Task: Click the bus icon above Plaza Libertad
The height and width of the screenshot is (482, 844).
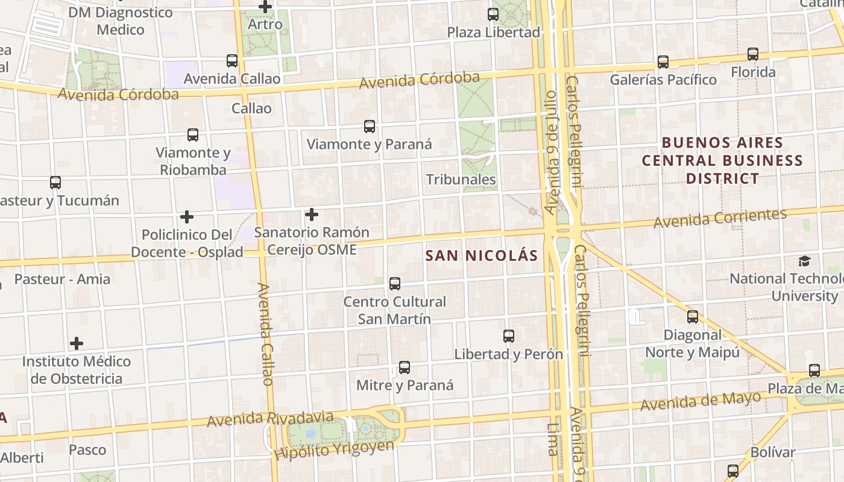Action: pyautogui.click(x=493, y=14)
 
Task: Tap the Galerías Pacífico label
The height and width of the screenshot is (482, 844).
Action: pyautogui.click(x=663, y=80)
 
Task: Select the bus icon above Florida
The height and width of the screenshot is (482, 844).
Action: pyautogui.click(x=753, y=54)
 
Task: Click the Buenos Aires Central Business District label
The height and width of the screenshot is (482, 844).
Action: pyautogui.click(x=722, y=160)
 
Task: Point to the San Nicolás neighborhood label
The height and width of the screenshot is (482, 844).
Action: pyautogui.click(x=481, y=255)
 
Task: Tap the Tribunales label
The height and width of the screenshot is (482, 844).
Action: pyautogui.click(x=461, y=180)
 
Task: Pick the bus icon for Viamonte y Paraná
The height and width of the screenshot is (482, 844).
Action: pyautogui.click(x=370, y=127)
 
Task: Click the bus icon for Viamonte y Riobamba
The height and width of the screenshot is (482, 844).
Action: pyautogui.click(x=193, y=135)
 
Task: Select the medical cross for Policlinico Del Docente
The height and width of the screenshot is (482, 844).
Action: pyautogui.click(x=187, y=216)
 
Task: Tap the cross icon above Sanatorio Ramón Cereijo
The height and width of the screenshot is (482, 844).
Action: pyautogui.click(x=312, y=214)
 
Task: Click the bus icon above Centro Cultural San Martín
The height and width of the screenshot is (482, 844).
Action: pyautogui.click(x=395, y=283)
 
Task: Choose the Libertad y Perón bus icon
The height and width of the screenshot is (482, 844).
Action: pyautogui.click(x=509, y=336)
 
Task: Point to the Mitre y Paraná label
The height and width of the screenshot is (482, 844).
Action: pyautogui.click(x=405, y=386)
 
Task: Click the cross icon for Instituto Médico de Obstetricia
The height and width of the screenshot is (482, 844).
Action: pyautogui.click(x=77, y=343)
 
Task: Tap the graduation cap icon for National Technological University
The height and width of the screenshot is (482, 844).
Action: pyautogui.click(x=804, y=261)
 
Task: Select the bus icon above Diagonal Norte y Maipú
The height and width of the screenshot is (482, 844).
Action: pyautogui.click(x=693, y=317)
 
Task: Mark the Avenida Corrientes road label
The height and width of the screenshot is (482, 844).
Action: pyautogui.click(x=720, y=218)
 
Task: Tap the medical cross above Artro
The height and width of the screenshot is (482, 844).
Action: pyautogui.click(x=265, y=7)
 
